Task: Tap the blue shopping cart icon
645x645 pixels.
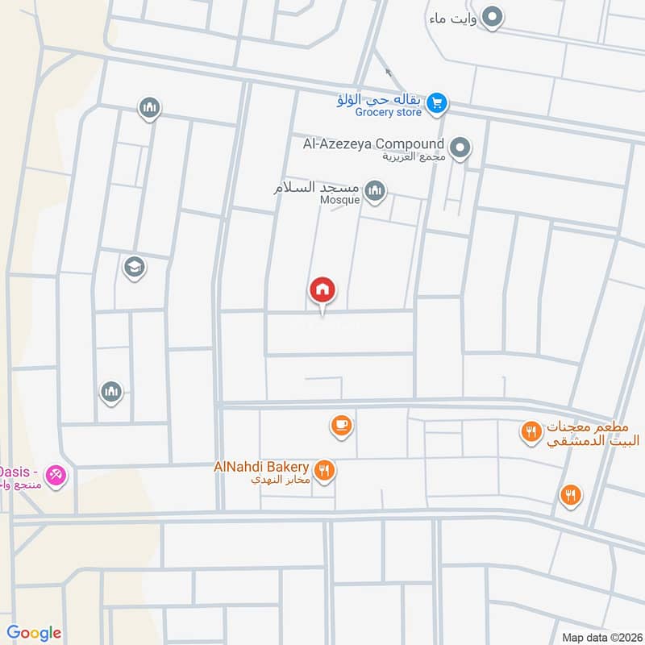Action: (437, 102)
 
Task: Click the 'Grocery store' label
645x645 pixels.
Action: (389, 113)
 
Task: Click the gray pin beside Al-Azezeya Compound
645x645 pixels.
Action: (460, 148)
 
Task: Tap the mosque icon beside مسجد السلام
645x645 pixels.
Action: (374, 191)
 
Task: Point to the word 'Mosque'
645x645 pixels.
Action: (340, 200)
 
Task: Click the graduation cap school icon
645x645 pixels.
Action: (133, 266)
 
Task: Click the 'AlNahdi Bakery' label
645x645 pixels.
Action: (261, 467)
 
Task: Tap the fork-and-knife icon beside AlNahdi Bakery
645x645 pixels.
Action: (324, 470)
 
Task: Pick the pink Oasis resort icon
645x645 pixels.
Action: (56, 475)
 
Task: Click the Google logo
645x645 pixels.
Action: (34, 633)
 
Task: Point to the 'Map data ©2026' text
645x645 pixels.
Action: (600, 637)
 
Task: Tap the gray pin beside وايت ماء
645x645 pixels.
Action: (493, 16)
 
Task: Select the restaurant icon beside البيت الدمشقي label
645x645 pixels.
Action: (531, 431)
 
